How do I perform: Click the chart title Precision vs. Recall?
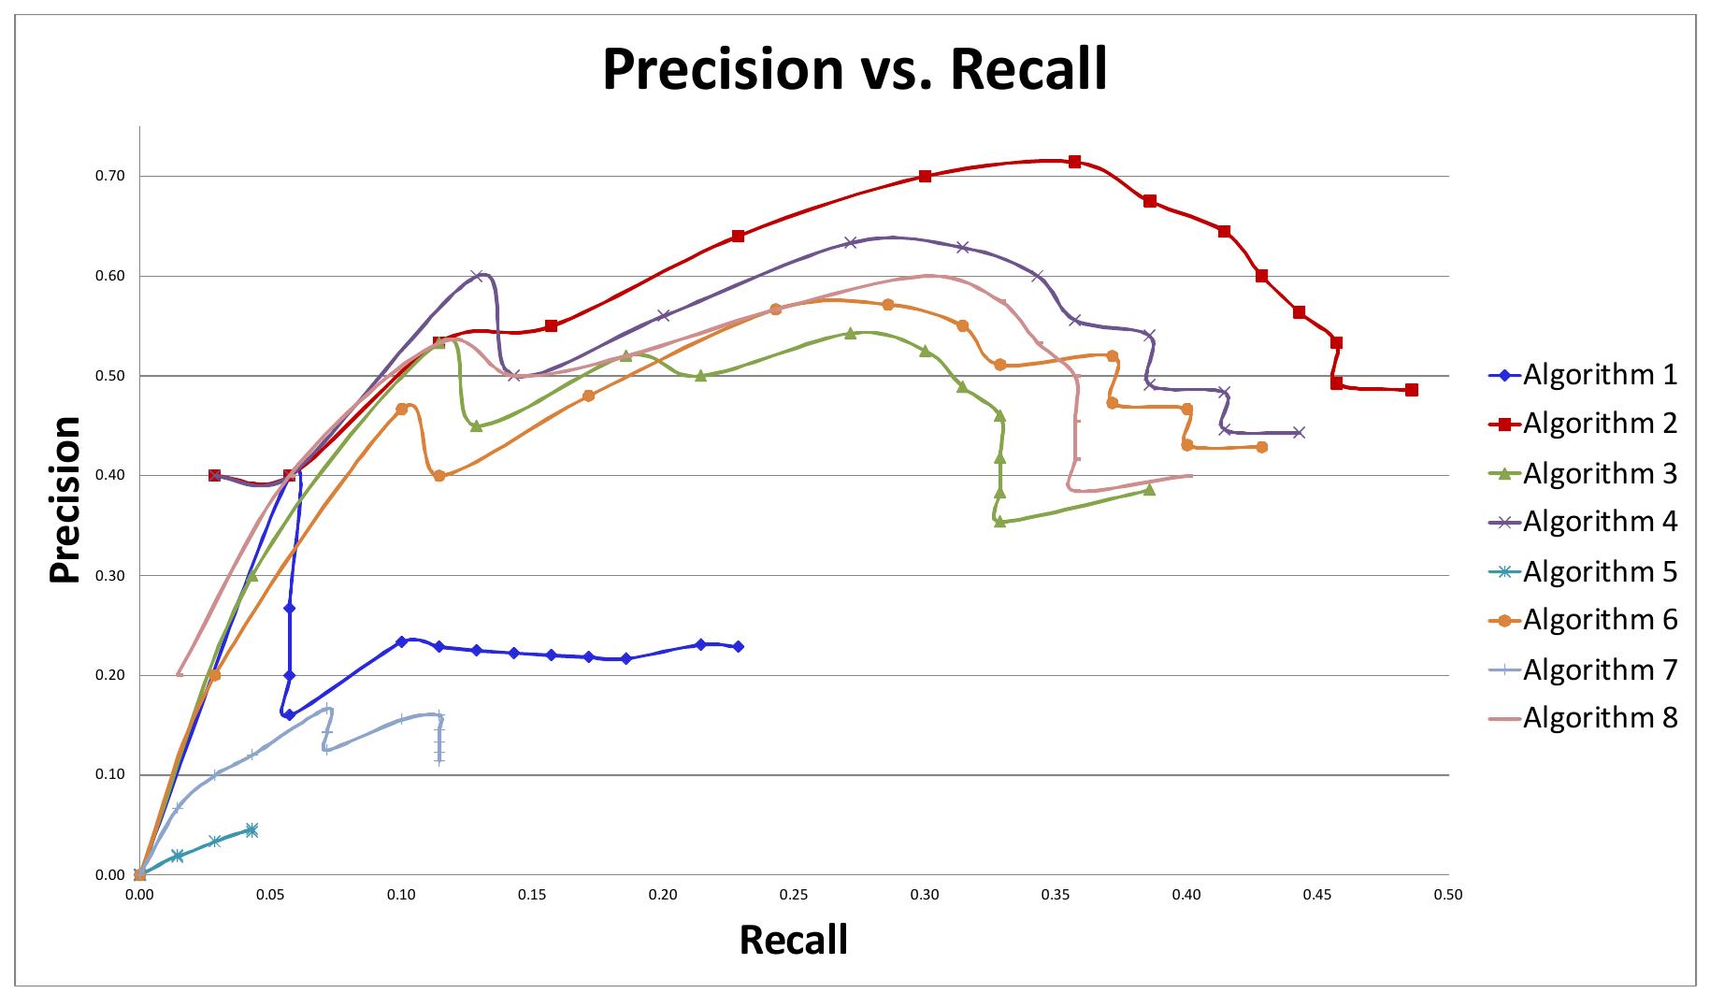tap(855, 68)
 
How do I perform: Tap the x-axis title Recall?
tap(793, 939)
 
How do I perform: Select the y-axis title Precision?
tap(65, 499)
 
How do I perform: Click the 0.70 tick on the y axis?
tap(110, 176)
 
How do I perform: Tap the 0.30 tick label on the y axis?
tap(110, 576)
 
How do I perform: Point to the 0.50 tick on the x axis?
tap(1447, 895)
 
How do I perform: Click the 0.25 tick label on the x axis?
tap(794, 895)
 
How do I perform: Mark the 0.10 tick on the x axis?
tap(401, 895)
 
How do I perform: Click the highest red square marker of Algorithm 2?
tap(1074, 162)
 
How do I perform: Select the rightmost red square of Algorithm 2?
tap(1411, 390)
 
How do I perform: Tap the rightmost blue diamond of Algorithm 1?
tap(738, 646)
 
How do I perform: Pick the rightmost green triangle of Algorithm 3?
tap(1149, 489)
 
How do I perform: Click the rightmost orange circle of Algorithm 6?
tap(1261, 447)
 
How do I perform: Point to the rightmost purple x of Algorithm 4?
tap(1299, 432)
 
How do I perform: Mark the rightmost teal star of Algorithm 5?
tap(251, 829)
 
